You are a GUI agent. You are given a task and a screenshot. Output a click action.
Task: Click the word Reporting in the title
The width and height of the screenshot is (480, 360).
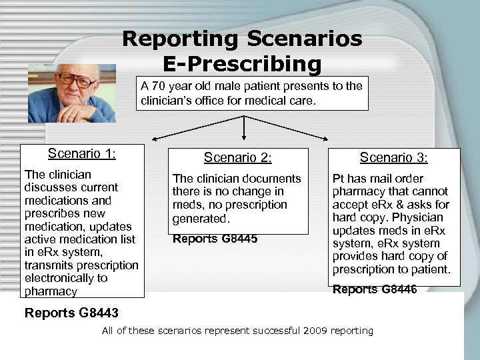[178, 39]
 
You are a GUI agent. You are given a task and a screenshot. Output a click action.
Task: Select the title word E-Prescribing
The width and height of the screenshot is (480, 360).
[242, 64]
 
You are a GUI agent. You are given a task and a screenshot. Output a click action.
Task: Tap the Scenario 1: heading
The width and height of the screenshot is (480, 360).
[82, 154]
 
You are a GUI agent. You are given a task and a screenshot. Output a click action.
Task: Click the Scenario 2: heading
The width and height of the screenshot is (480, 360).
[238, 158]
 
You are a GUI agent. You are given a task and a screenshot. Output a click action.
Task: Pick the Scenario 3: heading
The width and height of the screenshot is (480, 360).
[394, 158]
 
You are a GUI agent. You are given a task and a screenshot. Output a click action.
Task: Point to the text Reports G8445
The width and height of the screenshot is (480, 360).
[215, 239]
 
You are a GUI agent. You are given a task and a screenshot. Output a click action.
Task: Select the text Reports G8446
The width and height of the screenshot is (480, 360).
[375, 289]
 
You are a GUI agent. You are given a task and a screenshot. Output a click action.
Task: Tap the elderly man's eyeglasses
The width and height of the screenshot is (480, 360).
[75, 79]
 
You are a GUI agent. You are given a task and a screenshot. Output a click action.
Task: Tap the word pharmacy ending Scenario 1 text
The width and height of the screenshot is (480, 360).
[51, 291]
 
